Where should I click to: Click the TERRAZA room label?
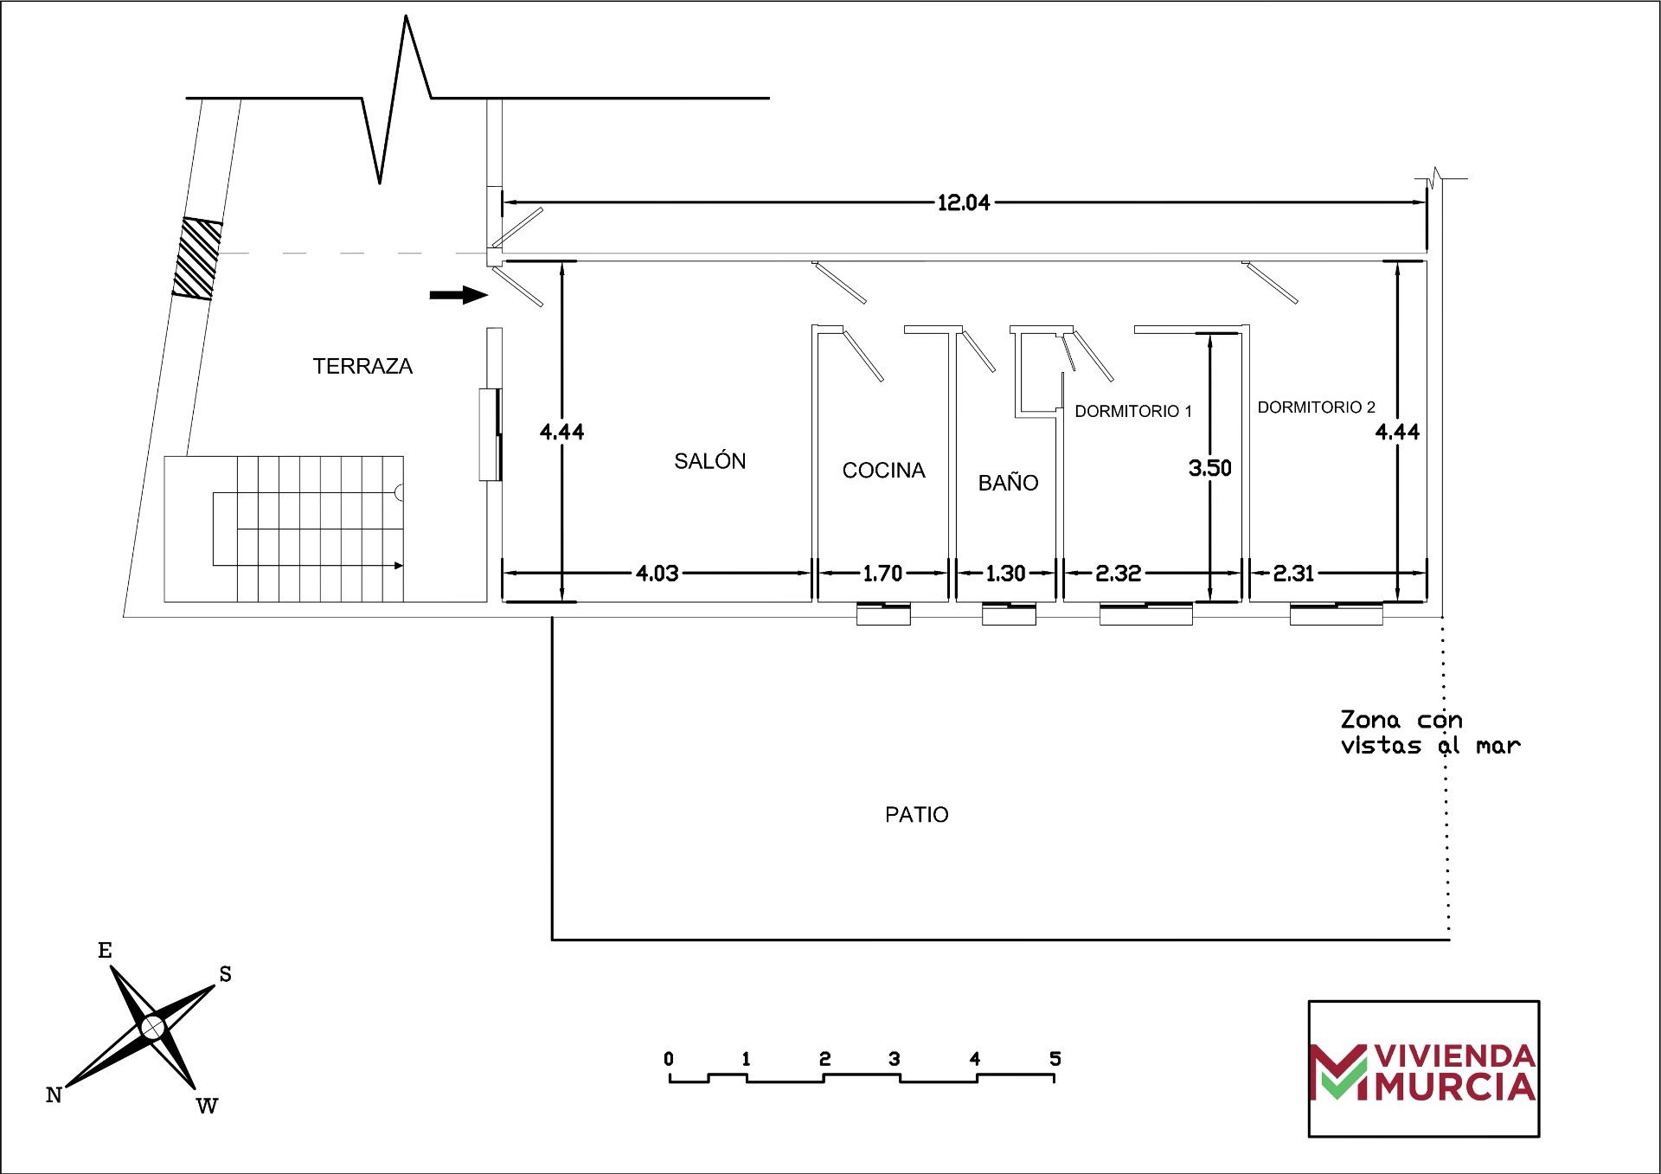coord(362,367)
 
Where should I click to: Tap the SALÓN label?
coord(709,461)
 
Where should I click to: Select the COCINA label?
coord(883,471)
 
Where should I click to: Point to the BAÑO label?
coord(1008,483)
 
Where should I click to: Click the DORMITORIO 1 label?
coord(1132,412)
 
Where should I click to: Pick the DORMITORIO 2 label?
coord(1316,407)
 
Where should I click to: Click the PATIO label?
coord(916,815)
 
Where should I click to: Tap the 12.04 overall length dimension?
coord(963,203)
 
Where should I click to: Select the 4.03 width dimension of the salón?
coord(657,573)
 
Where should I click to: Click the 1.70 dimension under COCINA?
coord(882,573)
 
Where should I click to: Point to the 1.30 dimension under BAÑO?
coord(1005,573)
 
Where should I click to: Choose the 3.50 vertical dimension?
coord(1209,468)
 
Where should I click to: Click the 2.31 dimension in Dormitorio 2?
coord(1293,573)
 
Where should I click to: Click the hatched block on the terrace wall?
coord(197,259)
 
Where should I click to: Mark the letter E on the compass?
coord(105,951)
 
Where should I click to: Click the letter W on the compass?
coord(207,1106)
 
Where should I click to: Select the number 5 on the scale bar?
coord(1055,1058)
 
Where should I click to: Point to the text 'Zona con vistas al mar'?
coord(1429,733)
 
